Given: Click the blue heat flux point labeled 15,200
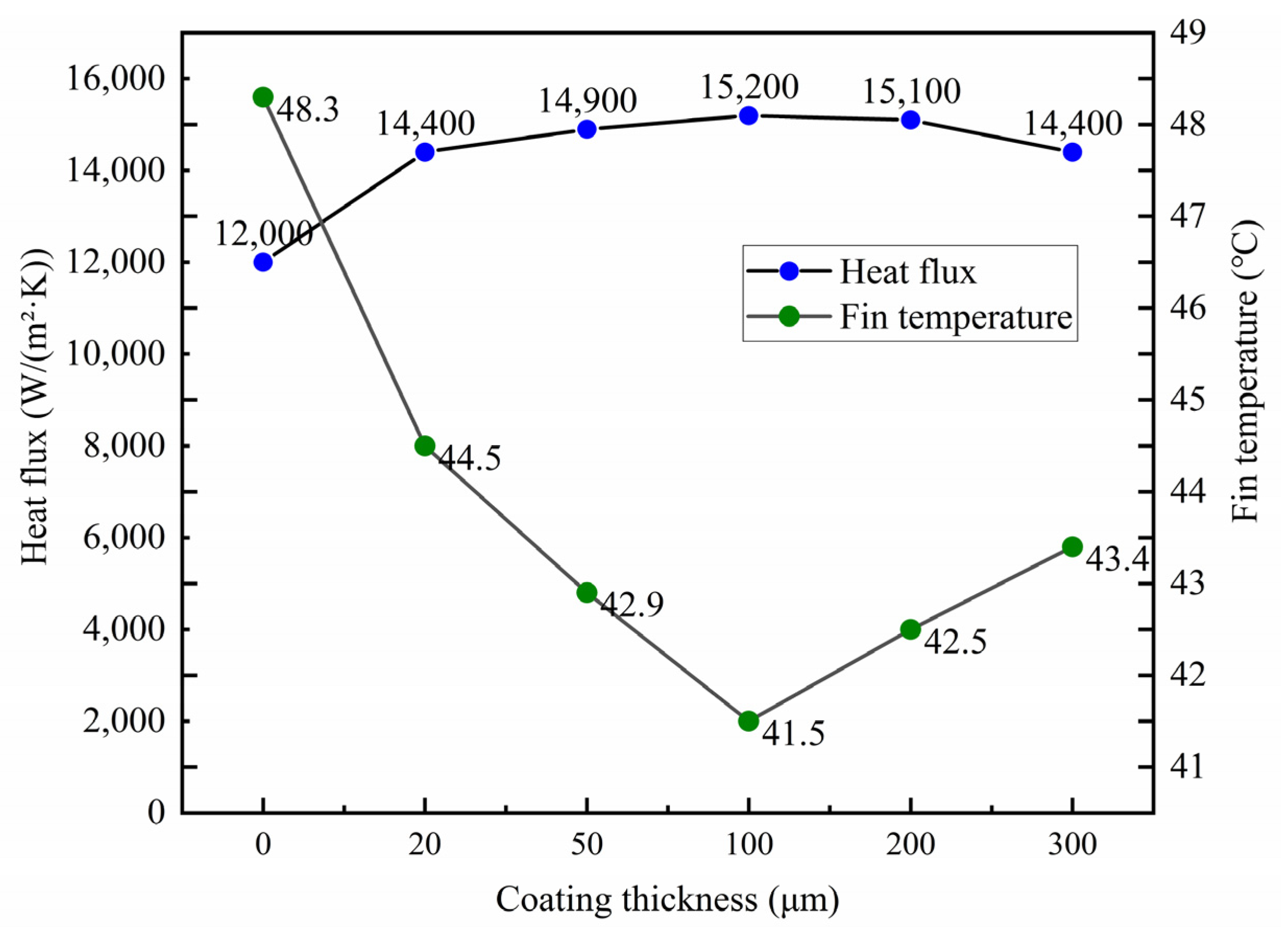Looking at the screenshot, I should point(748,115).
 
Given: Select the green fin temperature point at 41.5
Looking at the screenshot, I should point(748,721).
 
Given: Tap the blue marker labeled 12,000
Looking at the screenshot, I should point(263,262).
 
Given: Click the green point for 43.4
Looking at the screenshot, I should point(1072,547).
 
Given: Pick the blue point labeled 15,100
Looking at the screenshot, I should point(910,120).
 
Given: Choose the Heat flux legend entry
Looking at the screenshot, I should point(907,272).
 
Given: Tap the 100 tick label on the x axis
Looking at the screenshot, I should point(748,846).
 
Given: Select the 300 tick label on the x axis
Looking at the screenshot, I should point(1072,846).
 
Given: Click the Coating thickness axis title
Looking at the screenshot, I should point(667,900).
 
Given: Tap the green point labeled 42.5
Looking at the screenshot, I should point(910,629).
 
